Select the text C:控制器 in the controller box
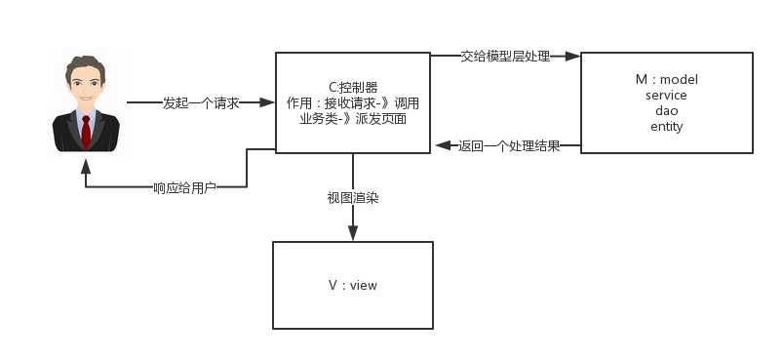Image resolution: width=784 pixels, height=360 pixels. (352, 87)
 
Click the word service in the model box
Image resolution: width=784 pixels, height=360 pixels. (666, 95)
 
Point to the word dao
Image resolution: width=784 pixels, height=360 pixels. (666, 110)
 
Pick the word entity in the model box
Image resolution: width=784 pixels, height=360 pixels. (666, 126)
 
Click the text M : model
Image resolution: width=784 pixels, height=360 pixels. (666, 79)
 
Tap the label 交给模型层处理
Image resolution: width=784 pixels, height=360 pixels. (505, 57)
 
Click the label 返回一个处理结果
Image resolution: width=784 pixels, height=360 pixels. (508, 147)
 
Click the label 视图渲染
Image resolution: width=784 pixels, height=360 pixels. (352, 198)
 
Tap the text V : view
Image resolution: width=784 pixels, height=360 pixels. (352, 285)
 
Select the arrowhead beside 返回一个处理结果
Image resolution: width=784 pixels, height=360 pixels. (441, 147)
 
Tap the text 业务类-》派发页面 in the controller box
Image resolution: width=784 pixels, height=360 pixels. (352, 118)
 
